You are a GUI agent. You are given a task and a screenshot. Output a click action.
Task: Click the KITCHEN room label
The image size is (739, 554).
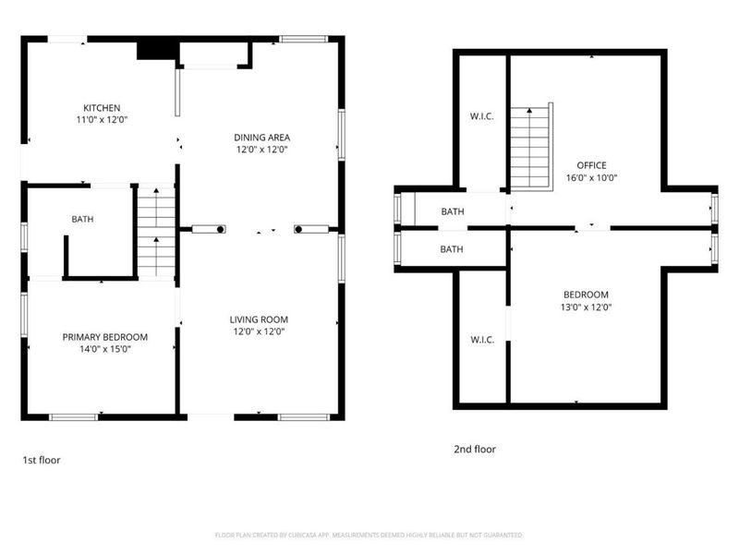[x=102, y=108]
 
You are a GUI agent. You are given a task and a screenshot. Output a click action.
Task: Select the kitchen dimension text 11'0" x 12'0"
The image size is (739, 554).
[x=102, y=120]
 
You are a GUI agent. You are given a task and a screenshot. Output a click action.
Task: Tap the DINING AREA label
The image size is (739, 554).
[x=261, y=137]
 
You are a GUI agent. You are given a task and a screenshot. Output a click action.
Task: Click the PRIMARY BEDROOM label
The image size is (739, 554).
[x=105, y=337]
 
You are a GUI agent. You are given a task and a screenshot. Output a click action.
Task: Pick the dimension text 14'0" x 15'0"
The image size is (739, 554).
[x=105, y=349]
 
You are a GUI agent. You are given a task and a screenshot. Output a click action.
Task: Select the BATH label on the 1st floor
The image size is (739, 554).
[x=83, y=219]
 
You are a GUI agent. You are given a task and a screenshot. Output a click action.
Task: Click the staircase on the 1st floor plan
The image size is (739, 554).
[x=156, y=231]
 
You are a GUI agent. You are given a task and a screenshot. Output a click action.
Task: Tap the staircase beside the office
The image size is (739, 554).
[x=531, y=146]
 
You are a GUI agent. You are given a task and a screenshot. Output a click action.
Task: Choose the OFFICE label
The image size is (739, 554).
[x=591, y=165]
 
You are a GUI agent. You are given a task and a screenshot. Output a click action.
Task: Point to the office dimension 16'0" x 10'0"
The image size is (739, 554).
[x=591, y=178]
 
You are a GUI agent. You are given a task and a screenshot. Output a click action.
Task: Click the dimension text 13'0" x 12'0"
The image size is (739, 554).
[x=586, y=307]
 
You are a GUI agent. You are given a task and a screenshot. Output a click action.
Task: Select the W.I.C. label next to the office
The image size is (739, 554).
[x=482, y=115]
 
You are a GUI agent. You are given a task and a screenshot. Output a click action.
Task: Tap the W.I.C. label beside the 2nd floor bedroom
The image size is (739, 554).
[x=482, y=340]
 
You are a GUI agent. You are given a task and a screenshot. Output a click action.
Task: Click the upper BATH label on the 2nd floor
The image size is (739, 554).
[x=452, y=211]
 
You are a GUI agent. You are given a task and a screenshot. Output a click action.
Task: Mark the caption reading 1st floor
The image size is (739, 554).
[x=42, y=459]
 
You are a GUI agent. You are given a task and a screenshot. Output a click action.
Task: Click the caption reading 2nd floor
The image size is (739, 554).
[x=474, y=450]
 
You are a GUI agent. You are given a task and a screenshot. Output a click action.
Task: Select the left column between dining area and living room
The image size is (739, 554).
[x=208, y=229]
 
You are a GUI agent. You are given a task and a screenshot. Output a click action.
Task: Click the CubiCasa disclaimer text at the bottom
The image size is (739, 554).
[x=369, y=535]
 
